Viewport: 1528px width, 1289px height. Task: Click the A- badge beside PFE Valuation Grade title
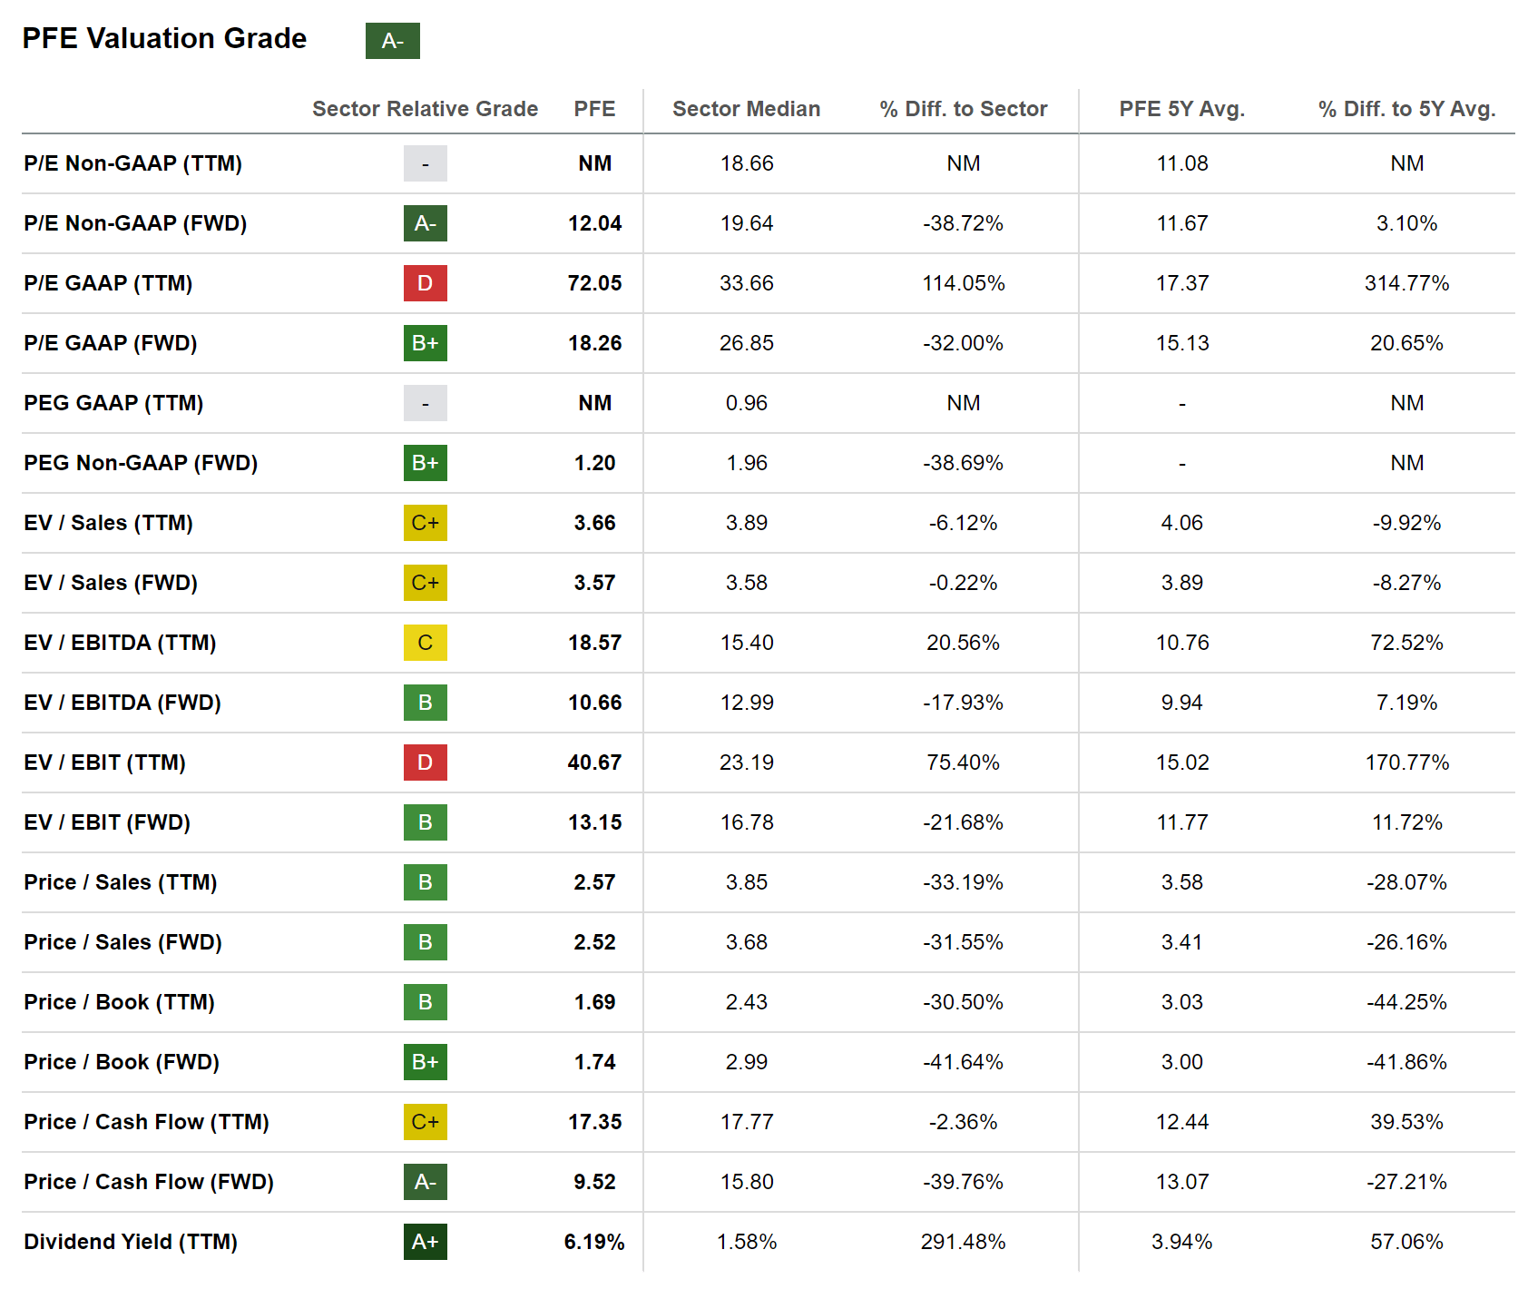(392, 41)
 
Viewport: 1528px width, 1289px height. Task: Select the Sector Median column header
(746, 109)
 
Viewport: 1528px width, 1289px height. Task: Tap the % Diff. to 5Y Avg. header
(1406, 109)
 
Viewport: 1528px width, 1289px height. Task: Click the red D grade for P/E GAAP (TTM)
(425, 283)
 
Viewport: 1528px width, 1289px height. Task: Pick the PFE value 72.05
(594, 283)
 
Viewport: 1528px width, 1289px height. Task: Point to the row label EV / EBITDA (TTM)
(120, 643)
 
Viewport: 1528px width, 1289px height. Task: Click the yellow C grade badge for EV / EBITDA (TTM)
(425, 643)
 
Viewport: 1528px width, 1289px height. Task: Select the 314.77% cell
(1406, 283)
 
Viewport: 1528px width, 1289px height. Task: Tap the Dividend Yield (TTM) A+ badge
(425, 1242)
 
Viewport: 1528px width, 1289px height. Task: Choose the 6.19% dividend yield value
(594, 1242)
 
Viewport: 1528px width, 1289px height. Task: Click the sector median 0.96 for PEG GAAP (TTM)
(746, 403)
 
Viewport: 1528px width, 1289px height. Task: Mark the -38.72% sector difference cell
(963, 223)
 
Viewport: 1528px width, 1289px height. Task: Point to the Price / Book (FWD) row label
(122, 1062)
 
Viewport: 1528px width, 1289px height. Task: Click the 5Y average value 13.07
(1181, 1182)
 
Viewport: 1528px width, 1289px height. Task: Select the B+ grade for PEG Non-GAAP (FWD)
(425, 463)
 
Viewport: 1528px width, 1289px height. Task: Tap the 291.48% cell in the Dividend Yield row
(963, 1242)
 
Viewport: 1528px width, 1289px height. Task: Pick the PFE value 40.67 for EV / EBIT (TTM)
(594, 763)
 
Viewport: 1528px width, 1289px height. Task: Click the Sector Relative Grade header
(425, 109)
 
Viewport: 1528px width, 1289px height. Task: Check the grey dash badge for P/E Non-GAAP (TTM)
(425, 163)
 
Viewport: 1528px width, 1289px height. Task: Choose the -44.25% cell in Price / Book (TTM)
(1406, 1002)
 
